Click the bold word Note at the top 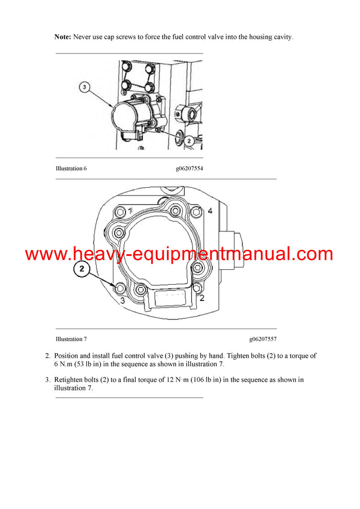click(62, 37)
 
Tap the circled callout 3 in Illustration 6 click(85, 88)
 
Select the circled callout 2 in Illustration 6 click(188, 141)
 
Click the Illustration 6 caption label click(71, 168)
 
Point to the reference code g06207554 click(189, 168)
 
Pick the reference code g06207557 click(263, 339)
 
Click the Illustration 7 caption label click(71, 339)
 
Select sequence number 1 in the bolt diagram click(130, 210)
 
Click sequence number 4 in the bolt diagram click(210, 211)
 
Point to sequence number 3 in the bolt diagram click(122, 300)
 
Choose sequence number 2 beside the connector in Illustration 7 click(202, 297)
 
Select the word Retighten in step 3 click(70, 380)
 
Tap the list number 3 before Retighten click(47, 380)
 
